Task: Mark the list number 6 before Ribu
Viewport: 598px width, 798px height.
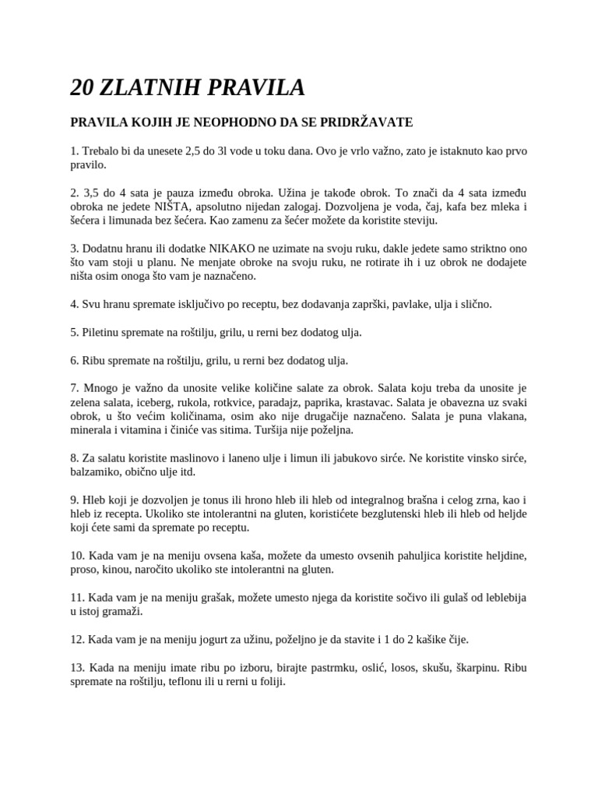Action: pyautogui.click(x=75, y=360)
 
